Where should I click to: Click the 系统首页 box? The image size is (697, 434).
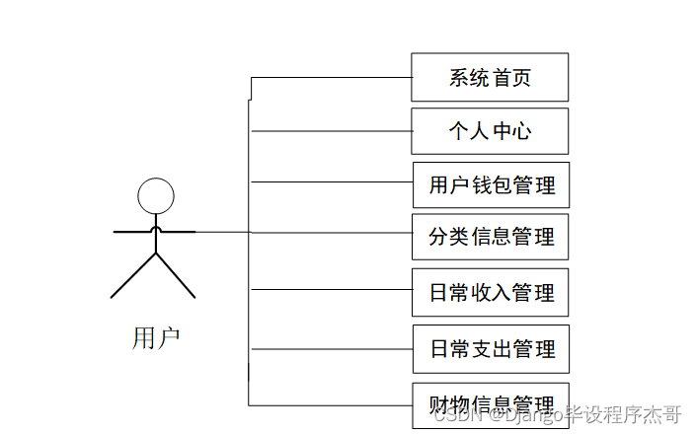click(x=490, y=77)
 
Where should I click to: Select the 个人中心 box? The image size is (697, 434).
click(x=490, y=131)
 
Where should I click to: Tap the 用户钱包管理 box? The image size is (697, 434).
click(x=491, y=184)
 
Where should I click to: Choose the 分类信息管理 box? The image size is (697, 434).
click(x=491, y=237)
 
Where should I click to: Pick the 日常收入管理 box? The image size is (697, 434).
click(x=491, y=293)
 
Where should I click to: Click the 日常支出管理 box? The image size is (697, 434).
click(x=491, y=348)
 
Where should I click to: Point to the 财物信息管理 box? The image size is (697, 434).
click(x=491, y=404)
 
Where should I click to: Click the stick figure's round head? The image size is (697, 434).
click(x=155, y=196)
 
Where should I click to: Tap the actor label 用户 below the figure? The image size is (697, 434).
click(x=156, y=338)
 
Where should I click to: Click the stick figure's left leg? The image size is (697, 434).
click(x=132, y=277)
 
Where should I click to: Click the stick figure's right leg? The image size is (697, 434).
click(x=176, y=277)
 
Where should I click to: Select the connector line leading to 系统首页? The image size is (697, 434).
click(x=331, y=77)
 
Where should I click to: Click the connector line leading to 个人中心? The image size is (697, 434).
click(x=331, y=131)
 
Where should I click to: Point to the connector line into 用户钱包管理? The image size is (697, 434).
click(x=331, y=181)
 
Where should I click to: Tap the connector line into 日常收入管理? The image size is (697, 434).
click(x=331, y=289)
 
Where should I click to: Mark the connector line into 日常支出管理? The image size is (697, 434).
click(x=331, y=348)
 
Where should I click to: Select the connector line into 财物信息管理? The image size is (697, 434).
click(x=331, y=404)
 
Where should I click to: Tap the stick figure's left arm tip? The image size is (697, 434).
click(x=117, y=232)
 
